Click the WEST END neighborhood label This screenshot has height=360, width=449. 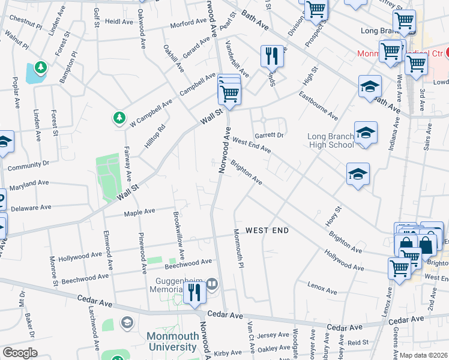coord(267,230)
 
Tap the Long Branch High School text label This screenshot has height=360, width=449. coord(330,140)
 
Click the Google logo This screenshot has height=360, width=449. coord(20,353)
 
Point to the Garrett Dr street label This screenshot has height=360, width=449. coord(268,136)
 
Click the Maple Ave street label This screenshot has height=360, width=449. coord(139,212)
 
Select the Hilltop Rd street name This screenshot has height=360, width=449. coord(154,136)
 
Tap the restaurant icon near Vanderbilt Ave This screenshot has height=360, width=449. coord(272,56)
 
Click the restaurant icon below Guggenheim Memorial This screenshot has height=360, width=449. coord(194,292)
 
